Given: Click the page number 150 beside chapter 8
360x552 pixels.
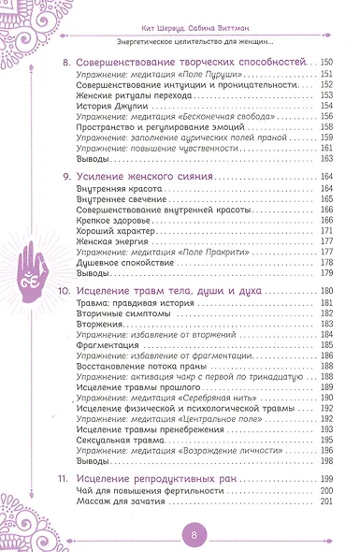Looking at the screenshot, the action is pos(326,62).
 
